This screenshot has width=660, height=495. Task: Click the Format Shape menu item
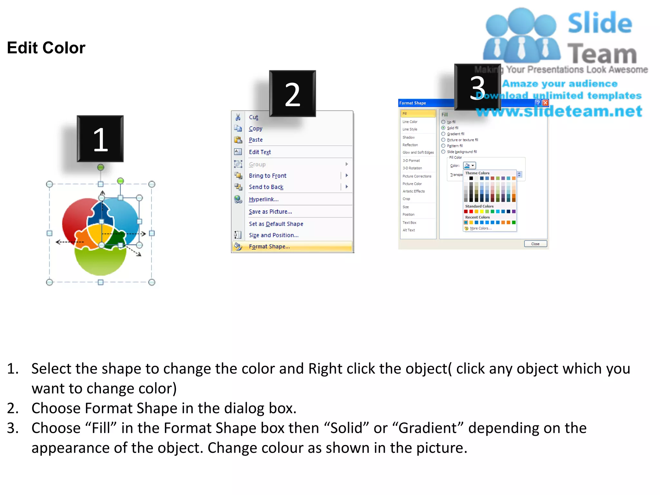coord(269,247)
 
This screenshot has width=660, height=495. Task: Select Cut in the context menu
coord(254,117)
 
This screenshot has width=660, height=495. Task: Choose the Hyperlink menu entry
coord(263,199)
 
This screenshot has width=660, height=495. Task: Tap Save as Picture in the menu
coord(270,212)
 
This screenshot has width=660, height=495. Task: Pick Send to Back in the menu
coord(266,187)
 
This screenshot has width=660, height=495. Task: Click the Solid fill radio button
coord(443,128)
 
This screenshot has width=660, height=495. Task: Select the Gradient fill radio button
coord(443,134)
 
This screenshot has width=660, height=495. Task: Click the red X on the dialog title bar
coord(545,103)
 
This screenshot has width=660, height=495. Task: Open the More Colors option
coord(480,228)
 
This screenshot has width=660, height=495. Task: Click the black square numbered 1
coord(100,139)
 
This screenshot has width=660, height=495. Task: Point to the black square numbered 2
coord(292,93)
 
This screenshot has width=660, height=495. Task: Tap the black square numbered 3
coord(477,87)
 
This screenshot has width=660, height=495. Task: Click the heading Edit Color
coord(46,48)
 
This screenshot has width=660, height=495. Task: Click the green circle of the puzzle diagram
coord(101,262)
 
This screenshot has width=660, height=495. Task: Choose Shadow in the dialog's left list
coord(408,137)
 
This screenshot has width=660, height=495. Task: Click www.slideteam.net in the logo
coord(559,111)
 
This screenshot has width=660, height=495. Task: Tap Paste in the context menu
coord(256,140)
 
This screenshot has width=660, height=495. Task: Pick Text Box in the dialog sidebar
coord(409,223)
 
